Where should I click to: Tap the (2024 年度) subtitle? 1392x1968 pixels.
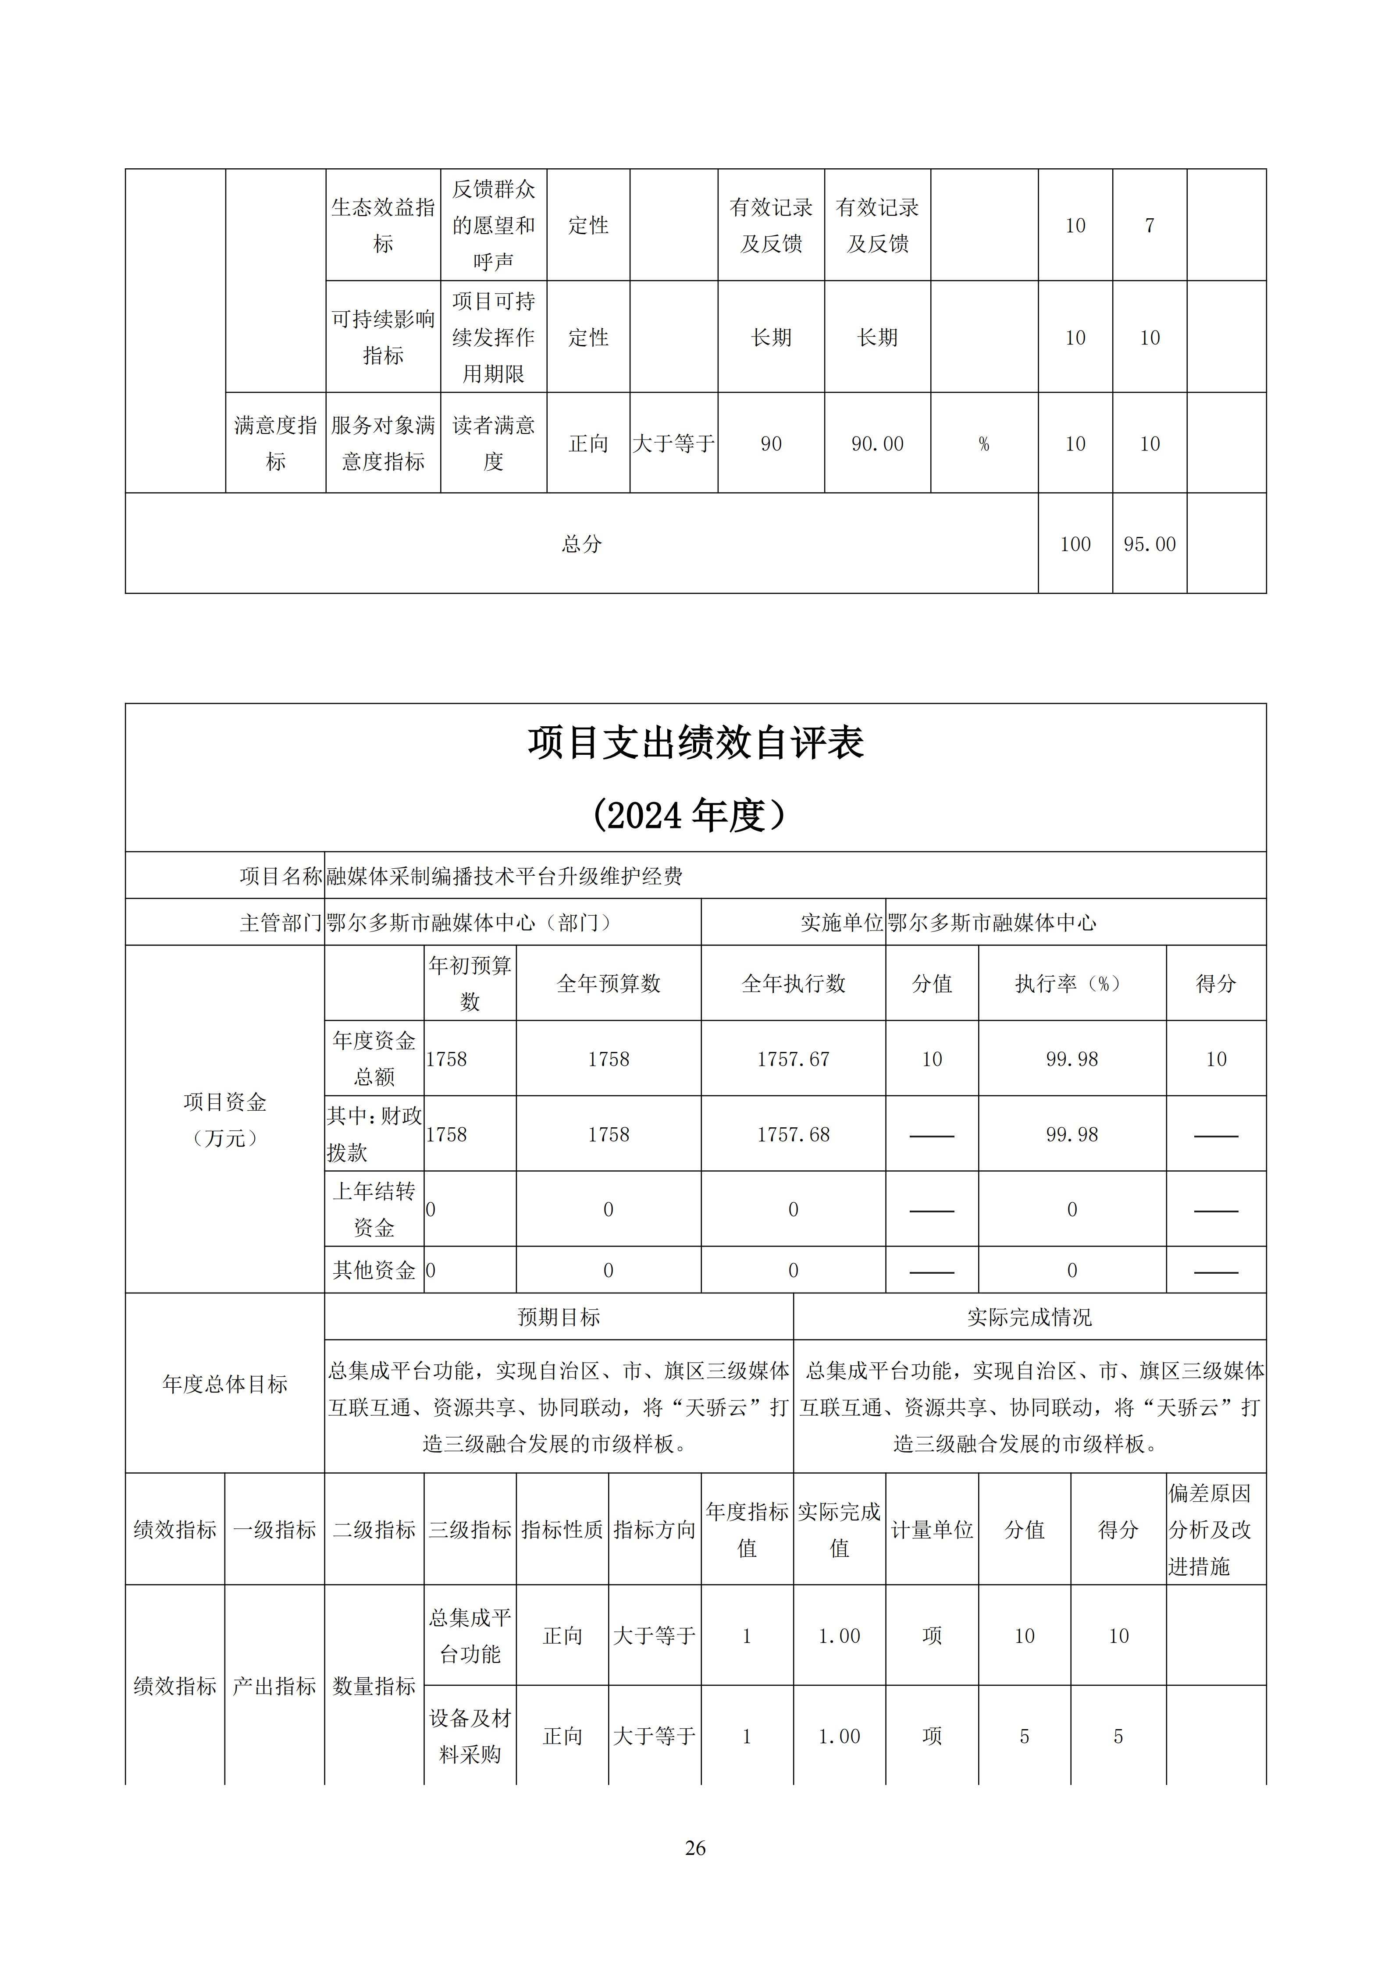pos(688,815)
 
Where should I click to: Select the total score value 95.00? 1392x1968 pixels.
pos(1150,544)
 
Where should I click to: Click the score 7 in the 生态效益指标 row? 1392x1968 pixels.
pos(1150,225)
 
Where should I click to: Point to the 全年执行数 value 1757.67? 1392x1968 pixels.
pos(793,1059)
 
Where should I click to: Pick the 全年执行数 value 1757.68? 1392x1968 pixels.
pos(793,1135)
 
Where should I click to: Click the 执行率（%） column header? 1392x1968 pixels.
pos(1072,984)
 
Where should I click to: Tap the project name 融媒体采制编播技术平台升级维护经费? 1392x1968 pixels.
pos(505,876)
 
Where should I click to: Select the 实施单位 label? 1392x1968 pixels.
pos(841,923)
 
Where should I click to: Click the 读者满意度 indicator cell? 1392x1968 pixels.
pos(494,443)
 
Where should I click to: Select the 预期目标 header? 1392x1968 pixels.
pos(559,1318)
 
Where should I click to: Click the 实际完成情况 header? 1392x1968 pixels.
pos(1029,1318)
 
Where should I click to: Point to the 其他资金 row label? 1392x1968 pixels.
pos(374,1270)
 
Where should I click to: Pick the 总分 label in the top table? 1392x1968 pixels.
pos(582,544)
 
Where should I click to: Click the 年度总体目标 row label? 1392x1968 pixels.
pos(224,1384)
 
